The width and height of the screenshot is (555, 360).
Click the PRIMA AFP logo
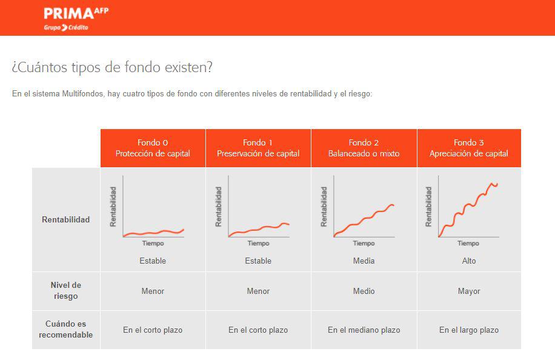[x=76, y=19]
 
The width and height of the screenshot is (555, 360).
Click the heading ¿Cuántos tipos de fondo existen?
[x=112, y=67]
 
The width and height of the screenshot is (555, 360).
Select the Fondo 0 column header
[x=153, y=148]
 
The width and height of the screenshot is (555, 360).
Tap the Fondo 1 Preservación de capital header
[x=258, y=148]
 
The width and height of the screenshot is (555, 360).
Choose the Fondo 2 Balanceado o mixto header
[x=364, y=148]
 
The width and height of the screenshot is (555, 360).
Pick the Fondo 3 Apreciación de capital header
[x=469, y=148]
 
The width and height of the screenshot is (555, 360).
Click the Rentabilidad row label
[x=66, y=219]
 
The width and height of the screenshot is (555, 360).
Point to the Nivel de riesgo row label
[x=66, y=291]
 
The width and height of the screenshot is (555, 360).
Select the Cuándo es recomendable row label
[x=66, y=329]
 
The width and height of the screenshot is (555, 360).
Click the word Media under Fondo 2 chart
[x=364, y=261]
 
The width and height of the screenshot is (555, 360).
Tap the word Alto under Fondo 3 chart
[x=469, y=261]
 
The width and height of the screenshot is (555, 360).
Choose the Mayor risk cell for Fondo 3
[x=469, y=292]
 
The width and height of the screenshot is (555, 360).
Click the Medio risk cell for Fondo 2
[x=364, y=292]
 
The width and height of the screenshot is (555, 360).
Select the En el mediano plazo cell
[x=364, y=330]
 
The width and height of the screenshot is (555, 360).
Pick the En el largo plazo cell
[x=469, y=330]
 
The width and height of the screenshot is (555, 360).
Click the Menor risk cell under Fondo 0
[x=153, y=292]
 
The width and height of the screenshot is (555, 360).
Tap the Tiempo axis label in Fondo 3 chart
[x=468, y=243]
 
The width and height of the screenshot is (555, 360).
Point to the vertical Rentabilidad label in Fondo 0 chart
[x=113, y=207]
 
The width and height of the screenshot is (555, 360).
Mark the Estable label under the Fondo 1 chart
[x=258, y=261]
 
